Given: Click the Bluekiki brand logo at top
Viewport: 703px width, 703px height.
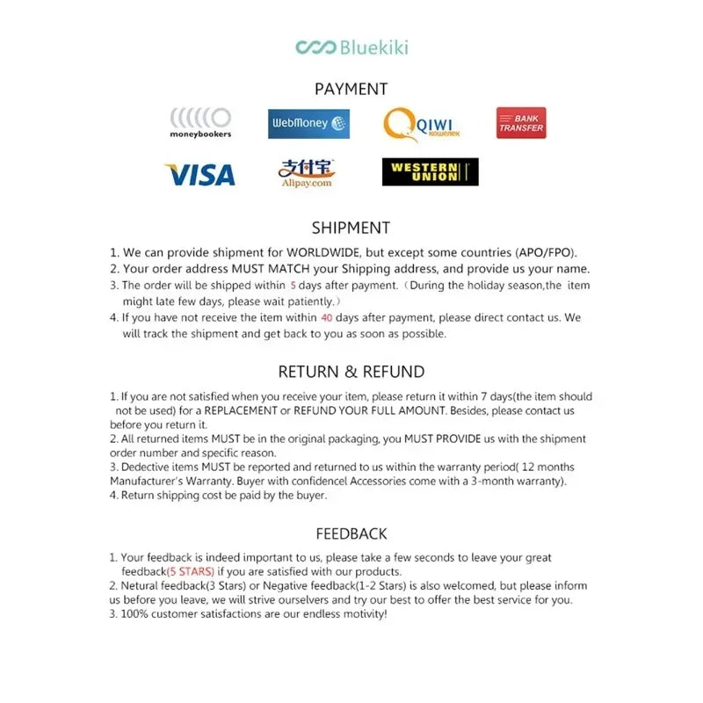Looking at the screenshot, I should [351, 47].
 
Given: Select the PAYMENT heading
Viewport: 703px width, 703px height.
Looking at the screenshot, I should [351, 89].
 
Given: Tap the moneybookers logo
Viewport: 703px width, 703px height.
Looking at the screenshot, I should [200, 122].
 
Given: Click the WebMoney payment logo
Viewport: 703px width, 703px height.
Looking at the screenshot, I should [308, 123].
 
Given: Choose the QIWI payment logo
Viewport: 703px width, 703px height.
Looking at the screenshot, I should [422, 123].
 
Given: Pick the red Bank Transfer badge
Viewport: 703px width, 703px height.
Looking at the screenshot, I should [521, 123].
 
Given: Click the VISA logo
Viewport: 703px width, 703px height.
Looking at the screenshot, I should [199, 174].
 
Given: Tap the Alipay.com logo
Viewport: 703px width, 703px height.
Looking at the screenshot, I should [307, 172].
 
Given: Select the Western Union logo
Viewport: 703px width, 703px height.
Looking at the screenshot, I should [430, 172].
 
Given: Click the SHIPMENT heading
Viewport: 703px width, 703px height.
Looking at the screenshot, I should [351, 228].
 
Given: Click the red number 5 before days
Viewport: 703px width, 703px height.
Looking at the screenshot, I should [293, 286].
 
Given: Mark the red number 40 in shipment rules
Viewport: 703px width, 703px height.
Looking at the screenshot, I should [327, 318].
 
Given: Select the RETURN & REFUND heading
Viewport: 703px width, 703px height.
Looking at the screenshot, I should [351, 372].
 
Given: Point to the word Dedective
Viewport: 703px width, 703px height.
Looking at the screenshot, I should [147, 467].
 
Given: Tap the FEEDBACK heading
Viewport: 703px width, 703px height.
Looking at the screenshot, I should [351, 533].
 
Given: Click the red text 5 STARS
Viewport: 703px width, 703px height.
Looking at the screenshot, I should [190, 572].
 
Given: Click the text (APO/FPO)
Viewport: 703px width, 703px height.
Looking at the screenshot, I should [547, 252].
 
